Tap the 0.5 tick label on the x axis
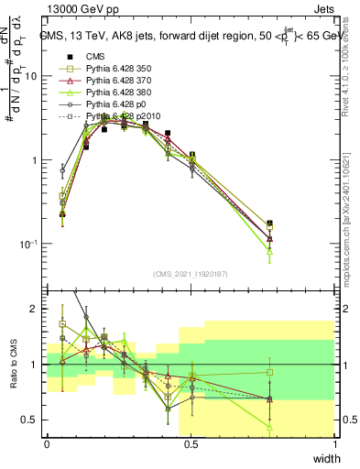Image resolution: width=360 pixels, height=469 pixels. (x=191, y=444)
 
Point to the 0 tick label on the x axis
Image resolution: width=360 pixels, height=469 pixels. (x=47, y=444)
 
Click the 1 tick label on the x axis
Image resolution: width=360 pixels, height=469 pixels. (x=335, y=444)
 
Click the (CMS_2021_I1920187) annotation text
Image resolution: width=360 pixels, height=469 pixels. (x=191, y=273)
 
